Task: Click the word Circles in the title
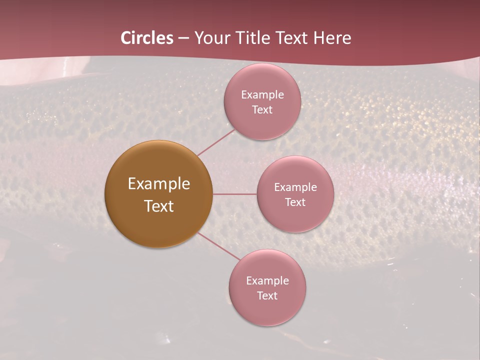click(147, 38)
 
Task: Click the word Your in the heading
click(212, 38)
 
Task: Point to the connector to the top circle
click(216, 142)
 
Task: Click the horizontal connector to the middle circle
click(235, 194)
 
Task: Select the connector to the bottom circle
click(219, 246)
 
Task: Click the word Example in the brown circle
click(159, 184)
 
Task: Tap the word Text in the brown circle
click(159, 206)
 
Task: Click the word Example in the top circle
click(262, 94)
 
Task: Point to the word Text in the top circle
click(262, 109)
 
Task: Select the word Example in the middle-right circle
click(295, 187)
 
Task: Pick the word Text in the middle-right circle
click(295, 202)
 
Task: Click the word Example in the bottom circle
click(267, 280)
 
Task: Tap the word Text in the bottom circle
click(267, 295)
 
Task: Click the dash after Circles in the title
click(183, 38)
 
